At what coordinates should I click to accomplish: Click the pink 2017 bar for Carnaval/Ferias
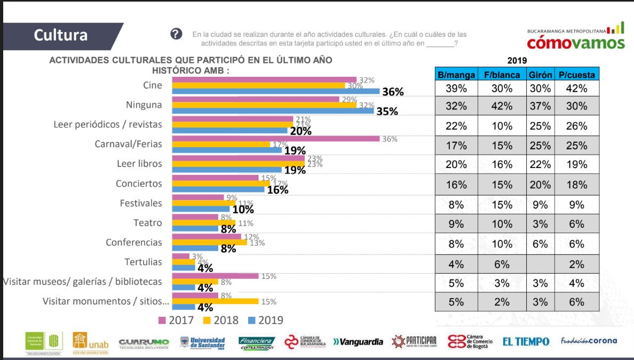click(276, 139)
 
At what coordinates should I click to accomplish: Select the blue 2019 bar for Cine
click(276, 91)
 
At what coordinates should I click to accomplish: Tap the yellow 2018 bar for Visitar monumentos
click(216, 301)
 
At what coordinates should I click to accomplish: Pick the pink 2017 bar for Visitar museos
click(216, 276)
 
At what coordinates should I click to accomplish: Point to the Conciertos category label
click(139, 183)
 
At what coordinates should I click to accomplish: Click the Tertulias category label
click(143, 262)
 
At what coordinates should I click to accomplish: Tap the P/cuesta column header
click(577, 75)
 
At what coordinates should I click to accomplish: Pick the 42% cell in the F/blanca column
click(502, 106)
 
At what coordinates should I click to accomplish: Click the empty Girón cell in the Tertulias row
click(540, 264)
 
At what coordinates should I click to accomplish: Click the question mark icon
click(177, 34)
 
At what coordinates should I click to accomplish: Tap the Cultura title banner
click(61, 35)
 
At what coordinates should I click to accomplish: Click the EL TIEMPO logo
click(525, 341)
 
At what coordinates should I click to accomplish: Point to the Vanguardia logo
click(358, 342)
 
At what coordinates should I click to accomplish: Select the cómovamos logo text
click(575, 42)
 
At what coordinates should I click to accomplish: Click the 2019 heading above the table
click(517, 60)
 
